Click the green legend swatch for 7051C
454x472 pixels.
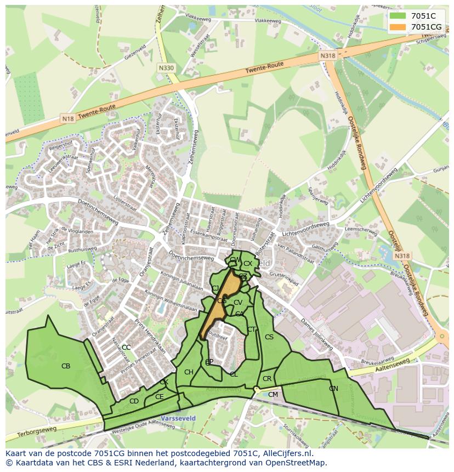click(x=399, y=16)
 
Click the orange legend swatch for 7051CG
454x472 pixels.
click(x=399, y=27)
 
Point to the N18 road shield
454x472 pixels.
click(x=68, y=118)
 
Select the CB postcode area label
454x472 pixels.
click(x=66, y=366)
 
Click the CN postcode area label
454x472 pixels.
click(x=333, y=389)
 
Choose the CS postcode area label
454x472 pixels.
click(x=269, y=337)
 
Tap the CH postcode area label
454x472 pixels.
click(x=189, y=373)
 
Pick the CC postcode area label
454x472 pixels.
click(x=126, y=348)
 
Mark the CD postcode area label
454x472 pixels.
click(x=134, y=401)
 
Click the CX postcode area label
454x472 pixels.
click(x=248, y=264)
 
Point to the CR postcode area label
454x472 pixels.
click(x=267, y=379)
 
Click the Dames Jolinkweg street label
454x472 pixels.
click(x=317, y=332)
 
